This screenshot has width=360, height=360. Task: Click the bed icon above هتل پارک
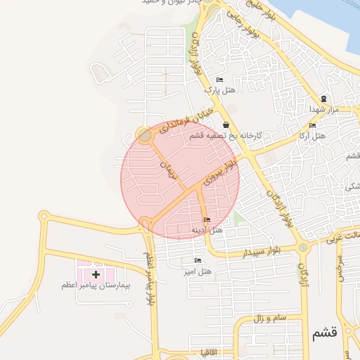pyautogui.click(x=219, y=79)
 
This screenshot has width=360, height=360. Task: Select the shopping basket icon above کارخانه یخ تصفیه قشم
pyautogui.click(x=224, y=124)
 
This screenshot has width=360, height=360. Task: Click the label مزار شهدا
pyautogui.click(x=323, y=109)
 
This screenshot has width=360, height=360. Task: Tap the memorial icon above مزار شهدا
pyautogui.click(x=323, y=98)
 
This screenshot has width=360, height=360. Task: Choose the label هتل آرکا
pyautogui.click(x=312, y=134)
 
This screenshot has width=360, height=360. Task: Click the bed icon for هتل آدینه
pyautogui.click(x=206, y=220)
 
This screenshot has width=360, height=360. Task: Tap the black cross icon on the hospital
pyautogui.click(x=96, y=273)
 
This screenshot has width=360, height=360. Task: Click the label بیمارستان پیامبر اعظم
pyautogui.click(x=93, y=285)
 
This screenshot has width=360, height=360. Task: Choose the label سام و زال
pyautogui.click(x=270, y=319)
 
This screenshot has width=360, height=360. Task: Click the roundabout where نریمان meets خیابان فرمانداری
pyautogui.click(x=145, y=134)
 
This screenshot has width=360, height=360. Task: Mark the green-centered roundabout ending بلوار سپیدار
pyautogui.click(x=302, y=247)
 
